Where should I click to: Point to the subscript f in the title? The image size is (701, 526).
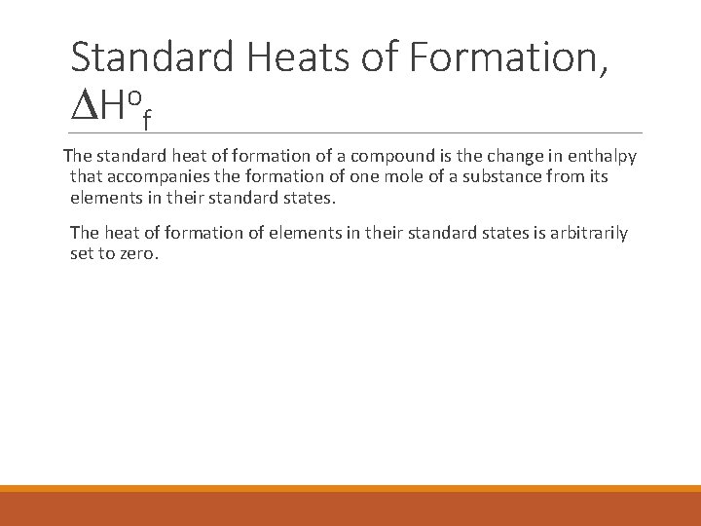point(146,121)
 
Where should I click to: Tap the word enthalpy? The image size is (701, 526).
point(602,157)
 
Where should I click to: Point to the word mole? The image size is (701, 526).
point(400,177)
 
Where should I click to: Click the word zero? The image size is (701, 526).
point(135,253)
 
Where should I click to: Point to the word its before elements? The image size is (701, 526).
point(598,177)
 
